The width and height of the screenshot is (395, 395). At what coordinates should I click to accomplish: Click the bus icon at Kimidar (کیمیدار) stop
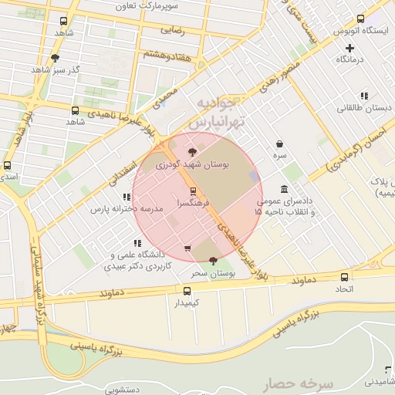187,291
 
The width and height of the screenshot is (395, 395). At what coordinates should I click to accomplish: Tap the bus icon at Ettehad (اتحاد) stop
344,277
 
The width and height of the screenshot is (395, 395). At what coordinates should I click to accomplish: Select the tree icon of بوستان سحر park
212,262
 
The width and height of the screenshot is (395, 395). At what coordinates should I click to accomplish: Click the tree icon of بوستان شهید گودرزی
192,152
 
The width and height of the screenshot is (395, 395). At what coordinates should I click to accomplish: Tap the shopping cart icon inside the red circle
187,248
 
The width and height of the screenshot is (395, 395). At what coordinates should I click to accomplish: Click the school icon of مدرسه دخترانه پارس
127,197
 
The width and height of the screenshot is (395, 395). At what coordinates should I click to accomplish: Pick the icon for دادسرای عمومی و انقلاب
285,190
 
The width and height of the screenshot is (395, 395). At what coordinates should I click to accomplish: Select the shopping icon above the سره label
279,143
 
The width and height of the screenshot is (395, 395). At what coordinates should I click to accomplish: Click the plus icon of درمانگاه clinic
349,48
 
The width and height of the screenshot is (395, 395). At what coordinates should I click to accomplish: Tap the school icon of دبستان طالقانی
363,96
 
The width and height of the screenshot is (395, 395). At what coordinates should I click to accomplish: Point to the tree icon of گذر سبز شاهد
55,58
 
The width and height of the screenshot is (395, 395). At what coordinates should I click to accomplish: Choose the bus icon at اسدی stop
8,165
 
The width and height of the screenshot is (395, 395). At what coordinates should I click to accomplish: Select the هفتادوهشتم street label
167,54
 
